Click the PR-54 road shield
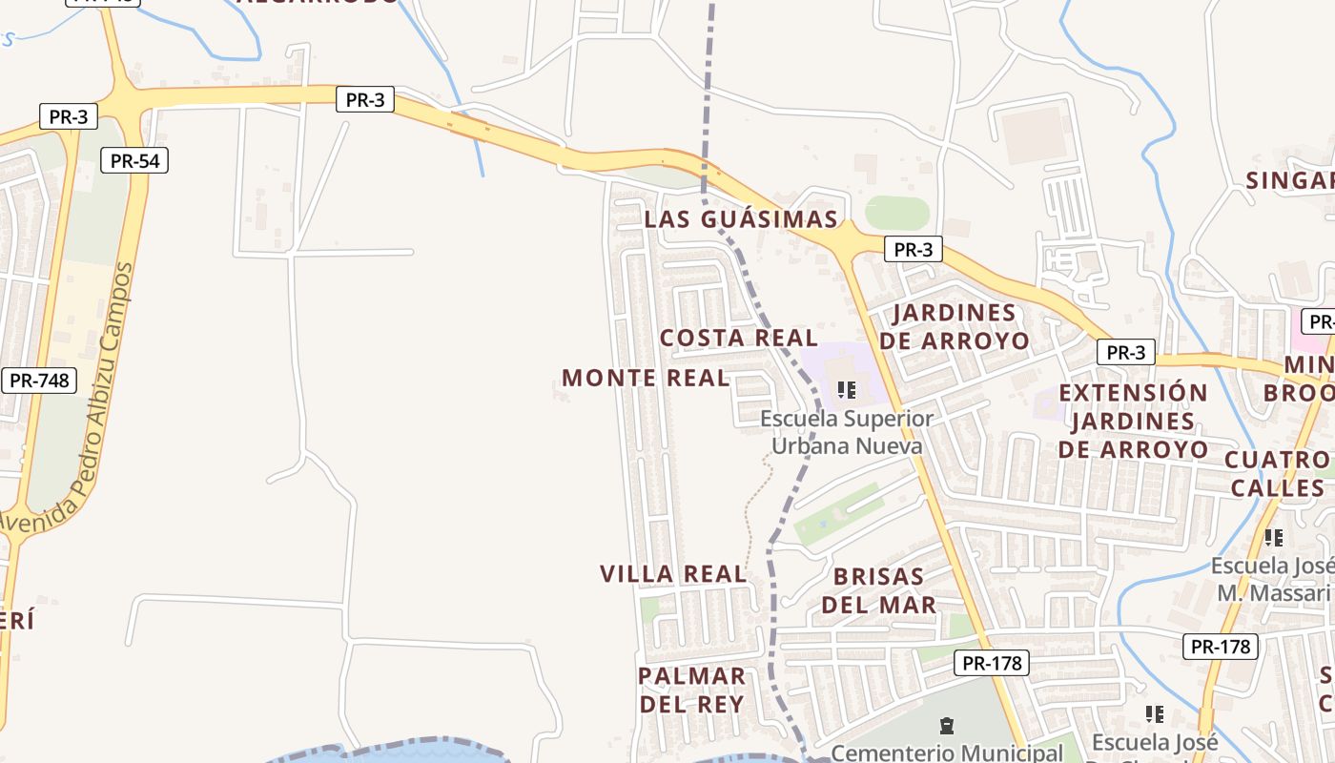click(134, 161)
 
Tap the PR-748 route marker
click(38, 381)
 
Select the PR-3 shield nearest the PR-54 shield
click(69, 117)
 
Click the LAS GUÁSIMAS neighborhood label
click(741, 219)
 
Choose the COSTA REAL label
click(739, 339)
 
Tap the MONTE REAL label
click(646, 379)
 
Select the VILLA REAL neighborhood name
click(673, 574)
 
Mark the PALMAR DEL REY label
click(691, 691)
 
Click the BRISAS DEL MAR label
click(878, 590)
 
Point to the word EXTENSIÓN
click(1133, 393)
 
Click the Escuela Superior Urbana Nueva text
click(847, 432)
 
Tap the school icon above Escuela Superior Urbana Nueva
click(846, 390)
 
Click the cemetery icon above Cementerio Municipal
click(946, 726)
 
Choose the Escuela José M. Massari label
click(1272, 580)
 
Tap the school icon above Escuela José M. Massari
click(1273, 538)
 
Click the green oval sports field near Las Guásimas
click(896, 213)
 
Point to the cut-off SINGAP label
click(1289, 180)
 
